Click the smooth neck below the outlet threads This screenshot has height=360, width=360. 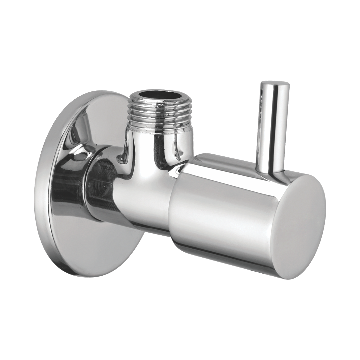pyautogui.click(x=160, y=143)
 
